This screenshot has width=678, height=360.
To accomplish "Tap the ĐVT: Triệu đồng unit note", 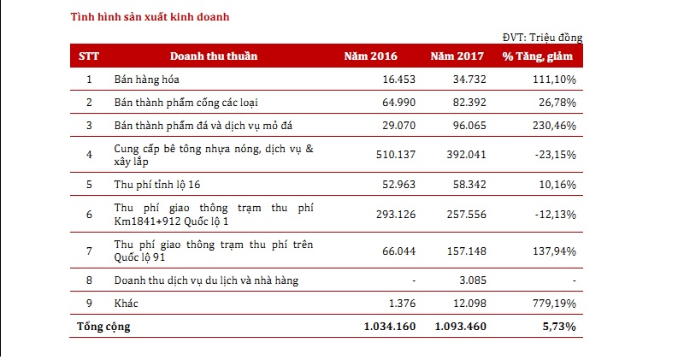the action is pyautogui.click(x=543, y=38).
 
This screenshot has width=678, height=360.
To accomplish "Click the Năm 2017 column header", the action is pyautogui.click(x=457, y=56).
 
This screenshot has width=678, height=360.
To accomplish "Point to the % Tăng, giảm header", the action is pyautogui.click(x=539, y=56).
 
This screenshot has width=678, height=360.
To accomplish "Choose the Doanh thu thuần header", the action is pyautogui.click(x=214, y=56).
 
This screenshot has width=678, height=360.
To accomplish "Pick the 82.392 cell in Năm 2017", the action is pyautogui.click(x=467, y=103).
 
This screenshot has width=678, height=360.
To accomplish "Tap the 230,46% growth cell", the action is pyautogui.click(x=552, y=126).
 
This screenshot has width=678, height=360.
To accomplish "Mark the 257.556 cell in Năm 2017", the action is pyautogui.click(x=463, y=213).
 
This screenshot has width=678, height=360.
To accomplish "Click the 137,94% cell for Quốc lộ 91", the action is pyautogui.click(x=552, y=251).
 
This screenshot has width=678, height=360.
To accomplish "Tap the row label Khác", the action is pyautogui.click(x=127, y=304).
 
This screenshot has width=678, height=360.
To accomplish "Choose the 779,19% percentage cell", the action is pyautogui.click(x=552, y=304).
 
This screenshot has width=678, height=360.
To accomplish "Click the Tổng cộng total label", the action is pyautogui.click(x=104, y=327).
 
